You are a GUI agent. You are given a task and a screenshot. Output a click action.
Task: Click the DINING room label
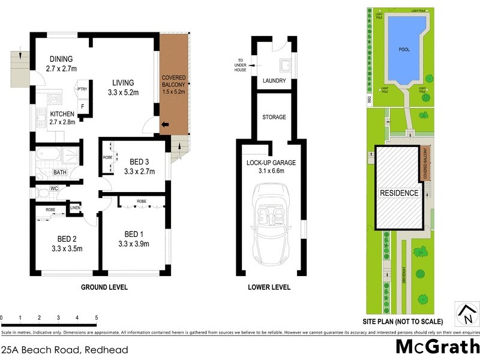61,59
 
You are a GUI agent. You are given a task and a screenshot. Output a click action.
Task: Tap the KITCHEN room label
62,114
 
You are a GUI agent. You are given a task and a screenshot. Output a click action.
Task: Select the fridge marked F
83,107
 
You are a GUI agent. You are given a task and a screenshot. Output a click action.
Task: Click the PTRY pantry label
82,89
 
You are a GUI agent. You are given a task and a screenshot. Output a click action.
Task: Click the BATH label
60,172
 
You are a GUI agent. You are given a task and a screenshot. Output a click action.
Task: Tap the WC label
53,188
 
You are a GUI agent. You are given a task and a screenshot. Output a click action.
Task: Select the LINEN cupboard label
75,208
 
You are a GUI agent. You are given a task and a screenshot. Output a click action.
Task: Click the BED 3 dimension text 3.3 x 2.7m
139,172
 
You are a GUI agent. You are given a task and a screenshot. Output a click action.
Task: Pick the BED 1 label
134,233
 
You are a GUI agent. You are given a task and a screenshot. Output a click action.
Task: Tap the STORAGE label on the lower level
274,117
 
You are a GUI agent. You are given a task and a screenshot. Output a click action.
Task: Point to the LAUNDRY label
274,81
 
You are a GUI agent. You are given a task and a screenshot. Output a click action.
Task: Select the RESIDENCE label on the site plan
398,193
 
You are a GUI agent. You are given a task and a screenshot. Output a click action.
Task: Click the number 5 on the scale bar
96,317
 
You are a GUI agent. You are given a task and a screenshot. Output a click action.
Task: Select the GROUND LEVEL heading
104,287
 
